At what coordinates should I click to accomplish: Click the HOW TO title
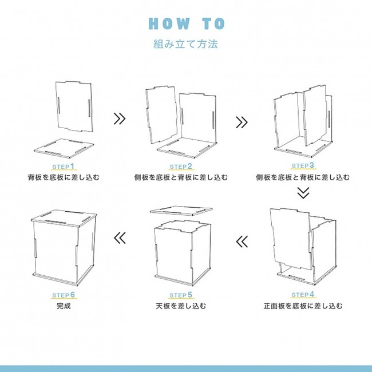pos(187,23)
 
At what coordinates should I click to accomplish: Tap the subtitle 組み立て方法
pos(185,44)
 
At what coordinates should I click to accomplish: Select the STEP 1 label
pos(64,167)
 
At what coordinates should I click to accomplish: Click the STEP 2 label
pos(181,167)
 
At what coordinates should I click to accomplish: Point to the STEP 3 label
pos(303,165)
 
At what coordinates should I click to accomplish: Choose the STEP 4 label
pos(303,295)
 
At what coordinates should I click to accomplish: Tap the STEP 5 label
pos(181,295)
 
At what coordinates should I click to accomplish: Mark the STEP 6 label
pos(64,295)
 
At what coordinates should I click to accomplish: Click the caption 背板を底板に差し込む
pos(64,177)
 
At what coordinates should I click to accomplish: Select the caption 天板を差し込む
pos(181,306)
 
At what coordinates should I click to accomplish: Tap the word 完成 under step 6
pos(64,306)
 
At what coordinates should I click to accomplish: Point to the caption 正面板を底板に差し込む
pos(303,306)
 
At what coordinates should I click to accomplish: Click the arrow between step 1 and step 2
pos(120,118)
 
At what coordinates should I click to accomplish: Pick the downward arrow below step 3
pos(303,193)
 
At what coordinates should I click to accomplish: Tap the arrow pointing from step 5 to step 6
pos(120,238)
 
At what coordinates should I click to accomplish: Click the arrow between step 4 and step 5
pos(242,242)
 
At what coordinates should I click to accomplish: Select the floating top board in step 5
pos(181,210)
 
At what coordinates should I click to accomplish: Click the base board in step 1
pos(64,148)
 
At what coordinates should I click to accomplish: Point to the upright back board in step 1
pos(74,107)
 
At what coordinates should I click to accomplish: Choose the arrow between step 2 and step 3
pos(242,122)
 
